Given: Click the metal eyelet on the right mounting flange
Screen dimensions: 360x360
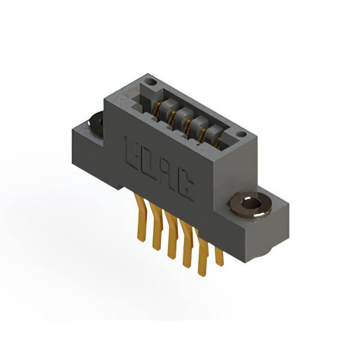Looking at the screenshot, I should pyautogui.click(x=250, y=204).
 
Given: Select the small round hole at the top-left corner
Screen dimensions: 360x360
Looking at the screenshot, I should pyautogui.click(x=149, y=82).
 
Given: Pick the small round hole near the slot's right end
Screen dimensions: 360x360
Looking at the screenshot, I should pyautogui.click(x=241, y=134).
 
